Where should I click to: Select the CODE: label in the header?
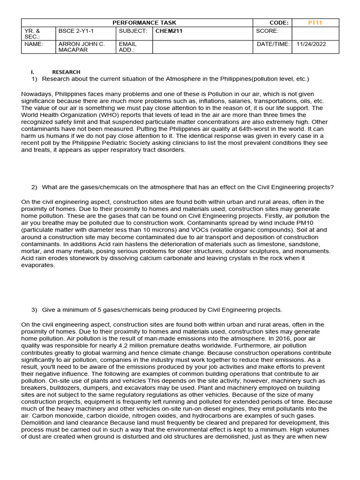tap(279, 22)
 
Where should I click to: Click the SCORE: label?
tap(267, 31)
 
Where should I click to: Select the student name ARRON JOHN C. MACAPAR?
tap(81, 47)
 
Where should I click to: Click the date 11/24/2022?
tap(311, 44)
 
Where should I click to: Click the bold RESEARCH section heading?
tap(66, 72)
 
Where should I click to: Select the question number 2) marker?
tap(34, 187)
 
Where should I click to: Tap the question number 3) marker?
tap(34, 310)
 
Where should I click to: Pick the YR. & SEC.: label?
tap(32, 34)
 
